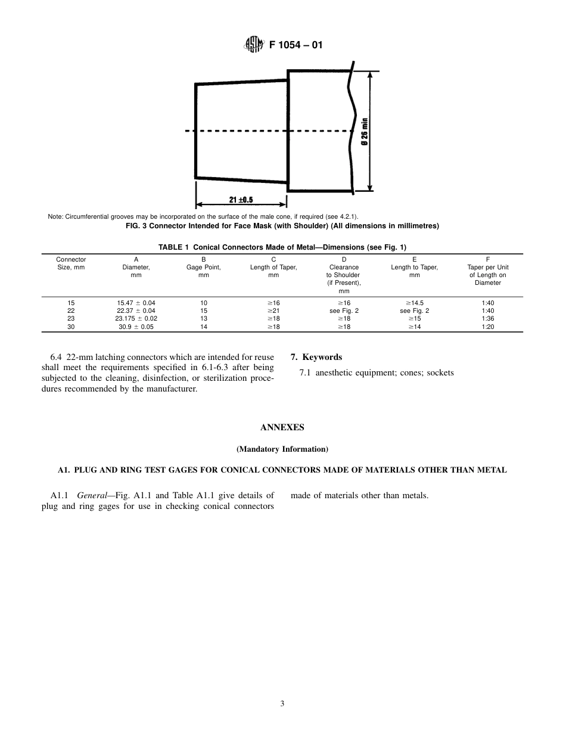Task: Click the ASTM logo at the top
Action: pos(254,45)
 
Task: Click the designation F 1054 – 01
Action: pos(296,45)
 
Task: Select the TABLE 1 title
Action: pos(282,247)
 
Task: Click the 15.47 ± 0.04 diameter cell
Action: pos(136,303)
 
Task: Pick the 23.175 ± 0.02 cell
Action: pos(136,318)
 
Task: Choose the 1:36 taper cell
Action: pos(487,318)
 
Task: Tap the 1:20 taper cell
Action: pos(487,327)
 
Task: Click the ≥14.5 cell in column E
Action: pos(414,303)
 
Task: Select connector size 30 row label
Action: pos(71,327)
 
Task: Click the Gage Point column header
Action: pos(203,268)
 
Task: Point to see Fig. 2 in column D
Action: pos(344,310)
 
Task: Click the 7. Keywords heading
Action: pos(316,357)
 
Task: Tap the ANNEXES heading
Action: pos(282,427)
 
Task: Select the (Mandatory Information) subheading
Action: pos(282,449)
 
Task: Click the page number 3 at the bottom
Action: pos(282,703)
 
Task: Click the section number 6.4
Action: pos(58,357)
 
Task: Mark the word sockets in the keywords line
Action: pos(440,372)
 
